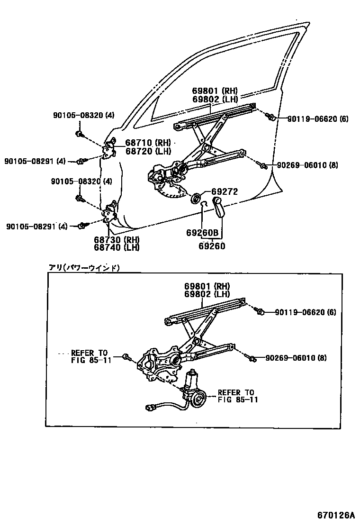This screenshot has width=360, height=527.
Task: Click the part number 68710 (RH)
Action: pyautogui.click(x=148, y=142)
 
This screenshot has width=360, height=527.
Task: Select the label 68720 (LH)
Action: pyautogui.click(x=147, y=151)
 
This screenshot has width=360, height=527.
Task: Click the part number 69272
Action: pyautogui.click(x=225, y=191)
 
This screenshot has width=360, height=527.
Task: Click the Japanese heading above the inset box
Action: pyautogui.click(x=84, y=268)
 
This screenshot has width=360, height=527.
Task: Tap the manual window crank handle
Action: pyautogui.click(x=220, y=207)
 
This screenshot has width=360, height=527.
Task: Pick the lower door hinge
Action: pyautogui.click(x=110, y=214)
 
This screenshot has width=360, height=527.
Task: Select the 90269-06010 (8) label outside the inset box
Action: pyautogui.click(x=307, y=165)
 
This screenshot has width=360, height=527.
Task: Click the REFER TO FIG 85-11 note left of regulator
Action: pyautogui.click(x=90, y=356)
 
